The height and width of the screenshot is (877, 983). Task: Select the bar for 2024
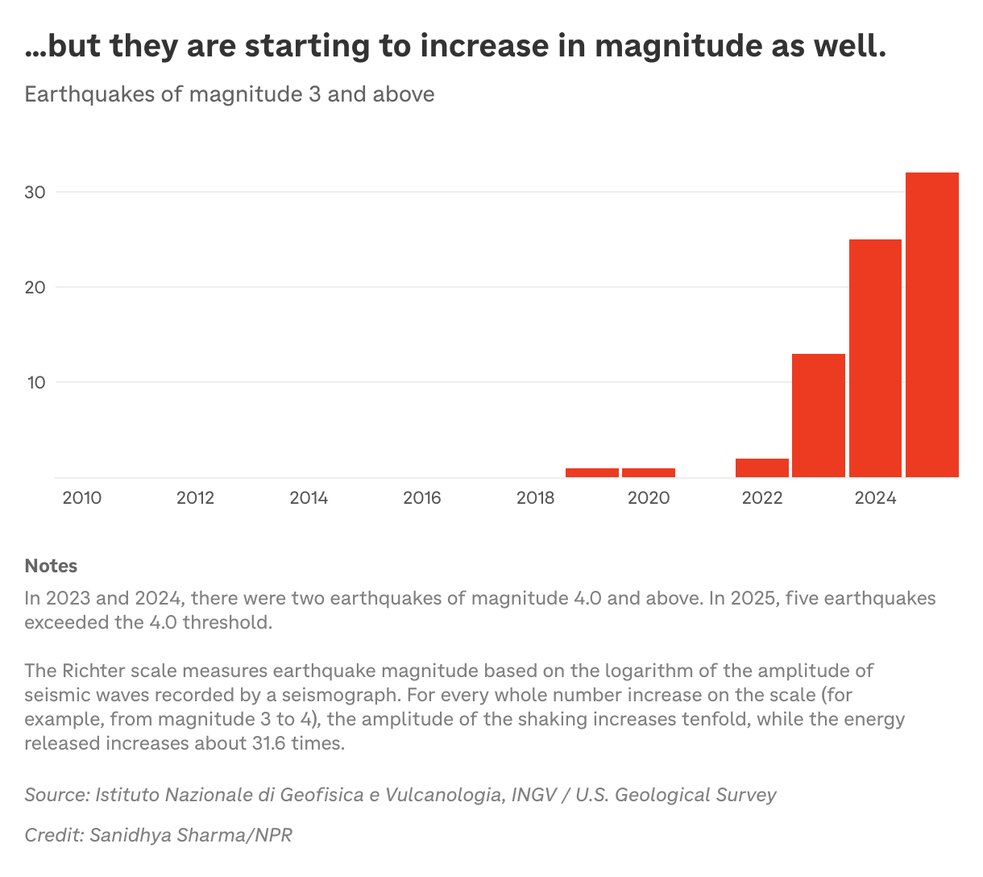coord(875,358)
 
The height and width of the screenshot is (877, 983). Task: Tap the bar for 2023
coord(819,415)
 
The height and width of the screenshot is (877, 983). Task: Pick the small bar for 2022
coord(762,468)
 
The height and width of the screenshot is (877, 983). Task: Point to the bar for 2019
coord(592,472)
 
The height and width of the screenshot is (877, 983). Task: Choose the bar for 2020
coord(649,472)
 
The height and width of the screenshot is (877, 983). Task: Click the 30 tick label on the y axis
coord(35,192)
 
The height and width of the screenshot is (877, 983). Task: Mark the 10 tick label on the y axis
coord(35,382)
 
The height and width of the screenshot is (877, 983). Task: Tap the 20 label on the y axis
coord(35,287)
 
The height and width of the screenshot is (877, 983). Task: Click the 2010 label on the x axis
coord(82,498)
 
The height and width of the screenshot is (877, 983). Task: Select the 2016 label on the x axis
coord(422,498)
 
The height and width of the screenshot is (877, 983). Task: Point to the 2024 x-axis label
coord(875,498)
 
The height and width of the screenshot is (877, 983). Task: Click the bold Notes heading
coord(51,566)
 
